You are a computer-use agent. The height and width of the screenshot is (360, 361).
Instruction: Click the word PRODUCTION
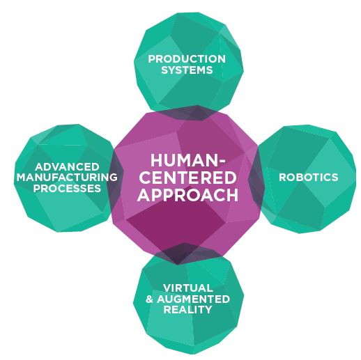click(187, 59)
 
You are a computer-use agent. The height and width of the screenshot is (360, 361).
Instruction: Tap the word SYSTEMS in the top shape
click(187, 70)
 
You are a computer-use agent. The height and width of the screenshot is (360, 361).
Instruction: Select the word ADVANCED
click(67, 166)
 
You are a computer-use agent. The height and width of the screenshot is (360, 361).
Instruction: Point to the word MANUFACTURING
click(67, 178)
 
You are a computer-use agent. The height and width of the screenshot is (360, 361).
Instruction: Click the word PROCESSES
click(67, 188)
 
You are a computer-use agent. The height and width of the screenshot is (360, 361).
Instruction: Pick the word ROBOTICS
click(309, 178)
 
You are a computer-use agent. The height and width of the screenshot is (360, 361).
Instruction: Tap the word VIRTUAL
click(188, 288)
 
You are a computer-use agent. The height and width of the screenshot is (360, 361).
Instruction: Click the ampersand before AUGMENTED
click(149, 299)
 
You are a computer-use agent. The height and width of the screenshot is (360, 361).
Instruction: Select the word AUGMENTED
click(193, 299)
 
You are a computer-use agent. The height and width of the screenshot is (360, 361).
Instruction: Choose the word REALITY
click(188, 309)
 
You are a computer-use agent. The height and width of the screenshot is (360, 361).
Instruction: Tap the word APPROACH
click(188, 195)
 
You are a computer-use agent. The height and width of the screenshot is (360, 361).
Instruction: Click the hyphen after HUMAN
click(222, 162)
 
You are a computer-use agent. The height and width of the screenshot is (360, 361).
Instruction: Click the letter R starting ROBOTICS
click(282, 178)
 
